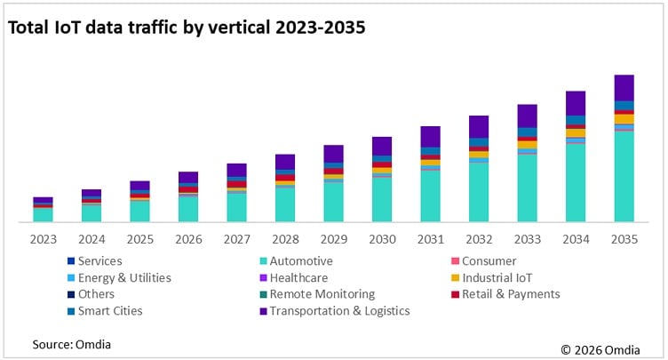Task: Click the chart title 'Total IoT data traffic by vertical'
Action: click(x=187, y=28)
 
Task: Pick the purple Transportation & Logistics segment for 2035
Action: click(x=624, y=87)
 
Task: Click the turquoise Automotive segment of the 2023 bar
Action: click(x=43, y=214)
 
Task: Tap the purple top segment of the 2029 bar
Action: click(x=333, y=153)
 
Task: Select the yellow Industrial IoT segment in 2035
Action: click(x=624, y=118)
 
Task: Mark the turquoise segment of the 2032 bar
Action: click(x=479, y=191)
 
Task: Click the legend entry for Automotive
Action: click(x=301, y=261)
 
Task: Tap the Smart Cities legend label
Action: click(x=110, y=311)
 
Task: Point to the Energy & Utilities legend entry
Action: click(x=123, y=277)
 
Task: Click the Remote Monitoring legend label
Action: click(x=322, y=294)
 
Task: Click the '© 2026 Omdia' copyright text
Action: click(x=604, y=348)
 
